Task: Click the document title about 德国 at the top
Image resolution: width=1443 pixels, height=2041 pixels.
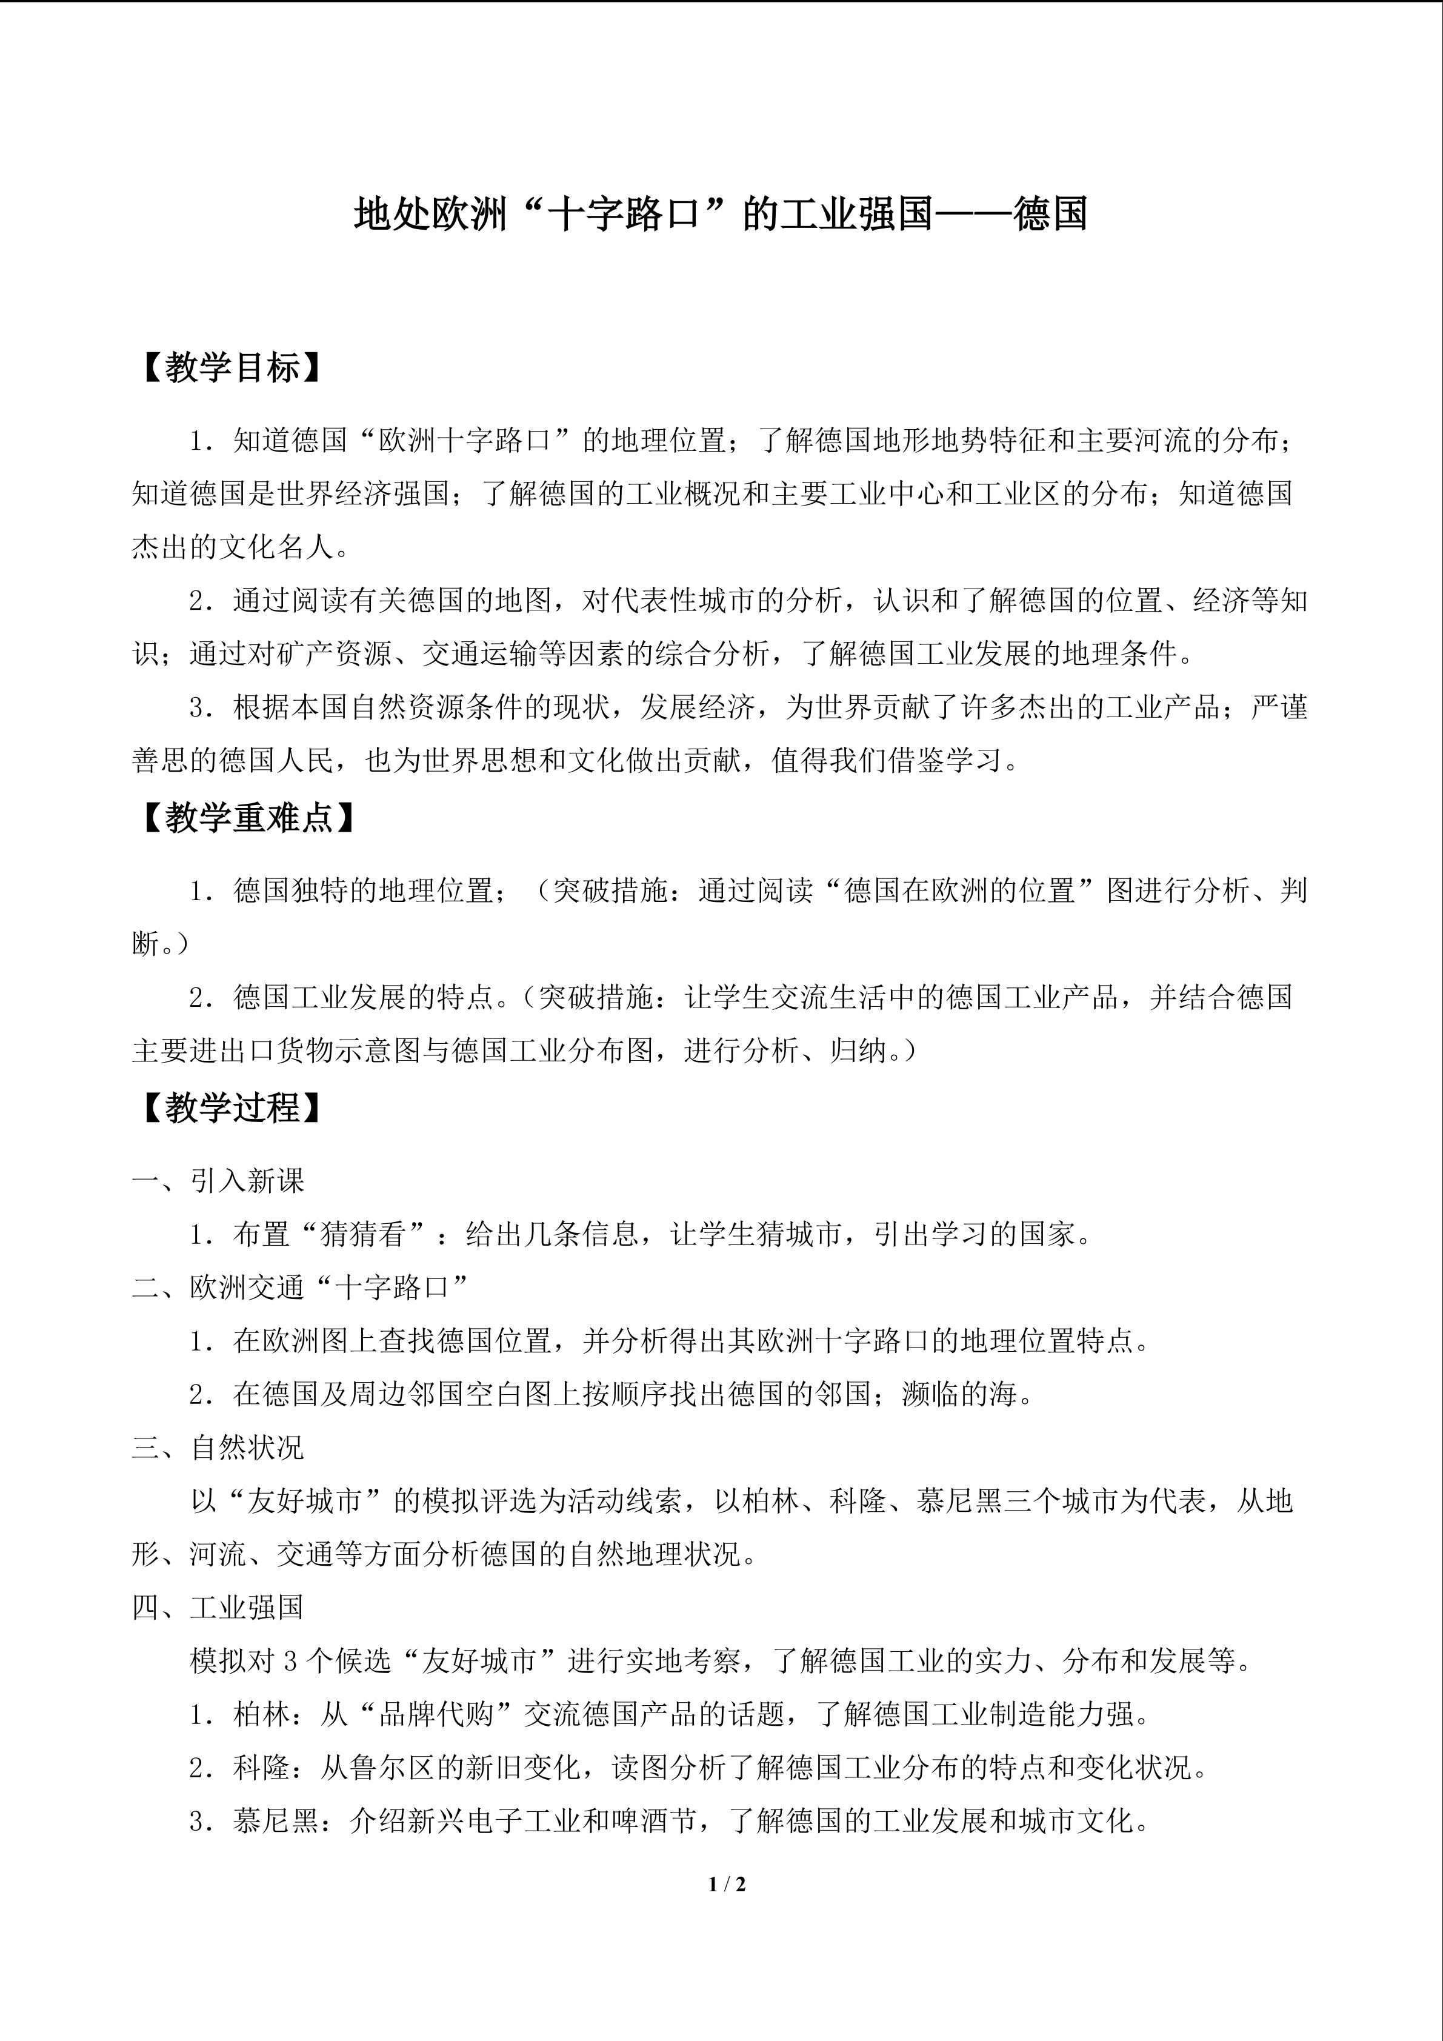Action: coord(721,214)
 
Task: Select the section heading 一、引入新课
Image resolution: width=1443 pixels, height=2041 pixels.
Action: coord(219,1180)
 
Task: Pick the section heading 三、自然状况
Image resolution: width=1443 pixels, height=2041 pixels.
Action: coord(219,1447)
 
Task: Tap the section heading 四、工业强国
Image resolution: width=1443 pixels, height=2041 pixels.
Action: coord(219,1607)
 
